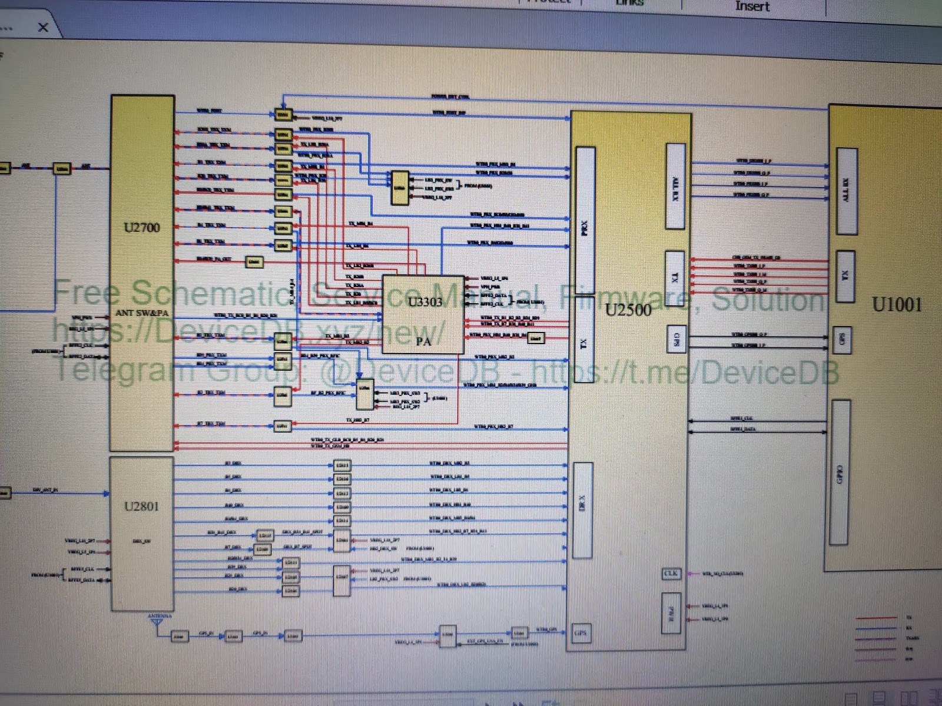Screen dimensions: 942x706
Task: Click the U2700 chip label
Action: click(142, 228)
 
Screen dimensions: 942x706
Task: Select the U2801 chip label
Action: click(142, 507)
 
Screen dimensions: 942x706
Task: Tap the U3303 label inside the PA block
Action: click(425, 302)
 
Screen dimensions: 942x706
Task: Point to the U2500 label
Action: click(628, 310)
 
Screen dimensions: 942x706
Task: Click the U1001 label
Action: click(896, 304)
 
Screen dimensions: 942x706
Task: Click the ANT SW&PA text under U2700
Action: click(142, 312)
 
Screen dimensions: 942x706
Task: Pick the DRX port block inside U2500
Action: click(582, 509)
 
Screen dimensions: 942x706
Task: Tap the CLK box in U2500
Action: click(671, 573)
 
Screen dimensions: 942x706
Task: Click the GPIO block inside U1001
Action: click(840, 472)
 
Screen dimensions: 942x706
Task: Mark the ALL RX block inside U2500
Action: click(675, 186)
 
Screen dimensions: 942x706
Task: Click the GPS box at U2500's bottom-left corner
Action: click(581, 633)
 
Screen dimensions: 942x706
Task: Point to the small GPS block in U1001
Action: click(843, 339)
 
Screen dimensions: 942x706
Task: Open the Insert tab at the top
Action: click(752, 6)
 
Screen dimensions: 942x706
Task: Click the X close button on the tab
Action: click(43, 27)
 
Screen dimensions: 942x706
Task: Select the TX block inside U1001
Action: click(845, 275)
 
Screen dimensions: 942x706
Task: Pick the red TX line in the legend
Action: click(875, 618)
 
